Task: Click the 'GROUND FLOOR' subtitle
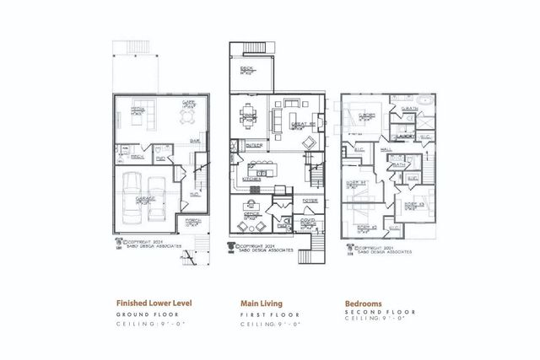coord(146,313)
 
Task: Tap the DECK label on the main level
coord(246,68)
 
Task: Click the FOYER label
coord(309,201)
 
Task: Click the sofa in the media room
coord(135,122)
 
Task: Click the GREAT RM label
coord(300,125)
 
